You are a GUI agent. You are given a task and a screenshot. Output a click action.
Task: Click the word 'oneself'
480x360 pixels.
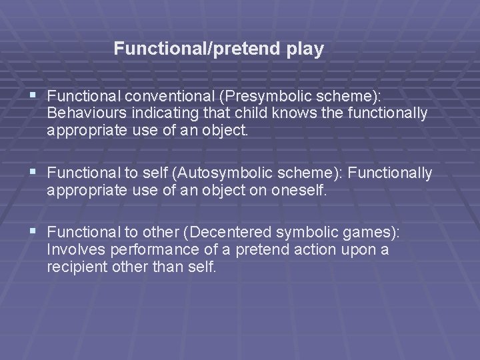(299, 191)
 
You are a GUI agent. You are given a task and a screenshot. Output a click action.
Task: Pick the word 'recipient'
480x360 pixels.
(75, 267)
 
